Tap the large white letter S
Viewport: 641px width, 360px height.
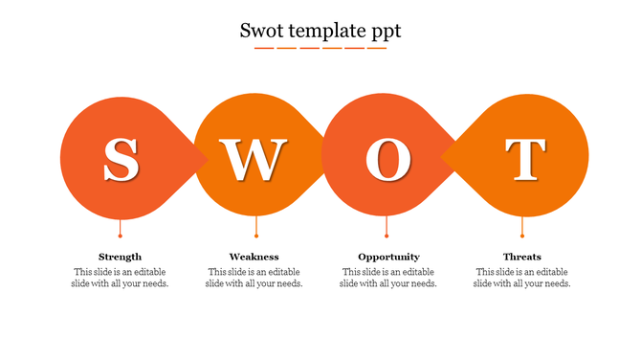[x=121, y=160]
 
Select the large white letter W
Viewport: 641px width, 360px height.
[x=254, y=160]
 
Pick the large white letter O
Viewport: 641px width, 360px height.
[x=387, y=160]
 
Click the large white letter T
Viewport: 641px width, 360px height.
[x=524, y=160]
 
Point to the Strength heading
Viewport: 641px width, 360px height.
[x=121, y=257]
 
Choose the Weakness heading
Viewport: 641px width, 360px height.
[x=254, y=257]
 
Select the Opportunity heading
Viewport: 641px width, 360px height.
[x=388, y=257]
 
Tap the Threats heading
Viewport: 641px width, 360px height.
[x=522, y=257]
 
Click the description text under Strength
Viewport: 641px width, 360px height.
[x=121, y=278]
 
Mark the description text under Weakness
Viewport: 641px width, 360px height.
[x=254, y=278]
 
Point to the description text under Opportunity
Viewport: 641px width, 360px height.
[x=388, y=278]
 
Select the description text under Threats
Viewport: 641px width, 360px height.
[x=522, y=278]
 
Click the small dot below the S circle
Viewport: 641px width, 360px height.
[x=121, y=236]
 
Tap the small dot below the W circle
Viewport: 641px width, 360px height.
[x=256, y=236]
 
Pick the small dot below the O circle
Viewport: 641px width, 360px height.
[x=387, y=236]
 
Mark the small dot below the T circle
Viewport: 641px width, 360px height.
[x=522, y=236]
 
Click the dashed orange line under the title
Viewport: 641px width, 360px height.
[x=320, y=48]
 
